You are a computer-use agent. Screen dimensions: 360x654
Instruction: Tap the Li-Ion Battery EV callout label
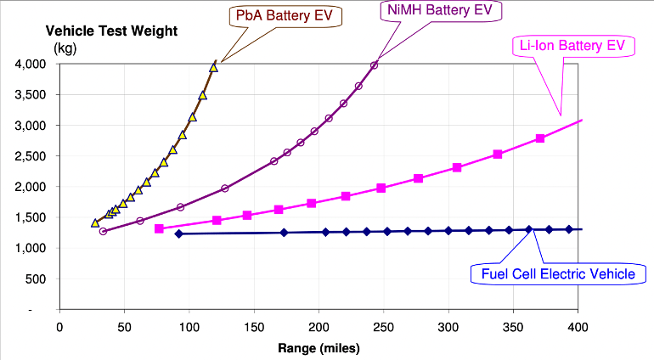572,47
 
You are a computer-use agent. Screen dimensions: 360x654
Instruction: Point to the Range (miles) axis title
319,347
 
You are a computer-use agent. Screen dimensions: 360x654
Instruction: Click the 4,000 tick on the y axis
33,65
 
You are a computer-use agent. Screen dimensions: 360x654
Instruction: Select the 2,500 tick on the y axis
33,156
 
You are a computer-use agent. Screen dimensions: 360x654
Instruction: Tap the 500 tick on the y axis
38,278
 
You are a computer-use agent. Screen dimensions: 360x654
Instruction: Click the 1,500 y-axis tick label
33,217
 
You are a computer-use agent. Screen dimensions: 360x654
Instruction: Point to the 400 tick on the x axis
578,327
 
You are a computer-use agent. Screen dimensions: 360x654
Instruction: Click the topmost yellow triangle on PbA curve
214,66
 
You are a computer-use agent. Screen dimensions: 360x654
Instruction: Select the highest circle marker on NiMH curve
374,65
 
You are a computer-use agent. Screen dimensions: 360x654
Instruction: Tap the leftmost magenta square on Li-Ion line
159,228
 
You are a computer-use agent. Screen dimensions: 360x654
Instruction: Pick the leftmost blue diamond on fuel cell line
178,233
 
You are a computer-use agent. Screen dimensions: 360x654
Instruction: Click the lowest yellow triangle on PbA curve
95,223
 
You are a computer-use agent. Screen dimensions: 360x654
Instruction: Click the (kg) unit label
65,48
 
